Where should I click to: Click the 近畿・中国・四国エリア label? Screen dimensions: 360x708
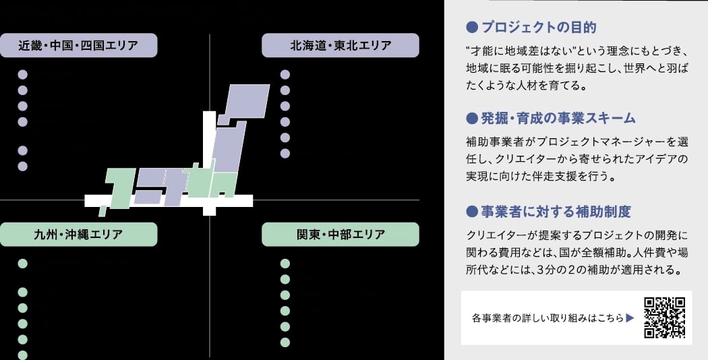79,46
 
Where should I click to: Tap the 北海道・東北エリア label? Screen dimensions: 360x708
341,46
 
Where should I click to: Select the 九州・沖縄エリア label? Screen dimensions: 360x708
79,235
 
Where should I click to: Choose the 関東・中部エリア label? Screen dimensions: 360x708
341,235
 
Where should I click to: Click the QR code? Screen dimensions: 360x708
665,317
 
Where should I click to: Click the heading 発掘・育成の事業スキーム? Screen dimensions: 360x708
558,118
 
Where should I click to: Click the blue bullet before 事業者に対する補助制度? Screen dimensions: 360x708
472,212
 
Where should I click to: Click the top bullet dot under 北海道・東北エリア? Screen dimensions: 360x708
285,75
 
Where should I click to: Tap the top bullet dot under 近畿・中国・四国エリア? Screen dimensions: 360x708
23,75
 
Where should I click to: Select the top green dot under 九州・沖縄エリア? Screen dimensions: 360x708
23,264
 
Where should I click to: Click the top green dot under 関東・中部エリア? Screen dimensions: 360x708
285,264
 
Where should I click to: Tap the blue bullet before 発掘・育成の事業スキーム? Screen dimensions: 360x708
472,118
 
